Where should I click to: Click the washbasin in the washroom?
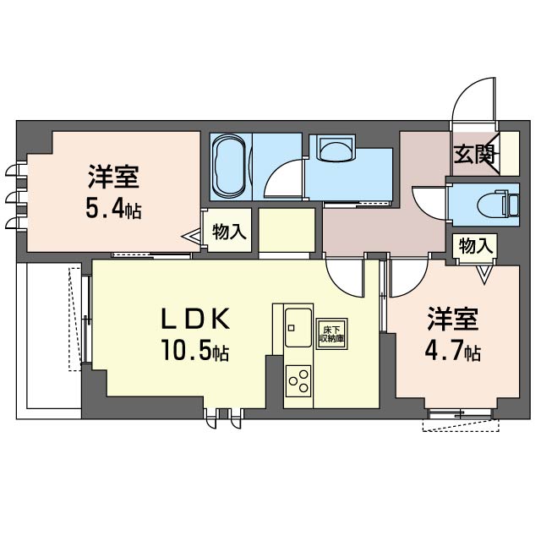coord(335,151)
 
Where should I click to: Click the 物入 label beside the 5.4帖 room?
coord(229,230)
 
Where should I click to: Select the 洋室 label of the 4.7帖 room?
coord(452,321)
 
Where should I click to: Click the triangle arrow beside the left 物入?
coord(194,239)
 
